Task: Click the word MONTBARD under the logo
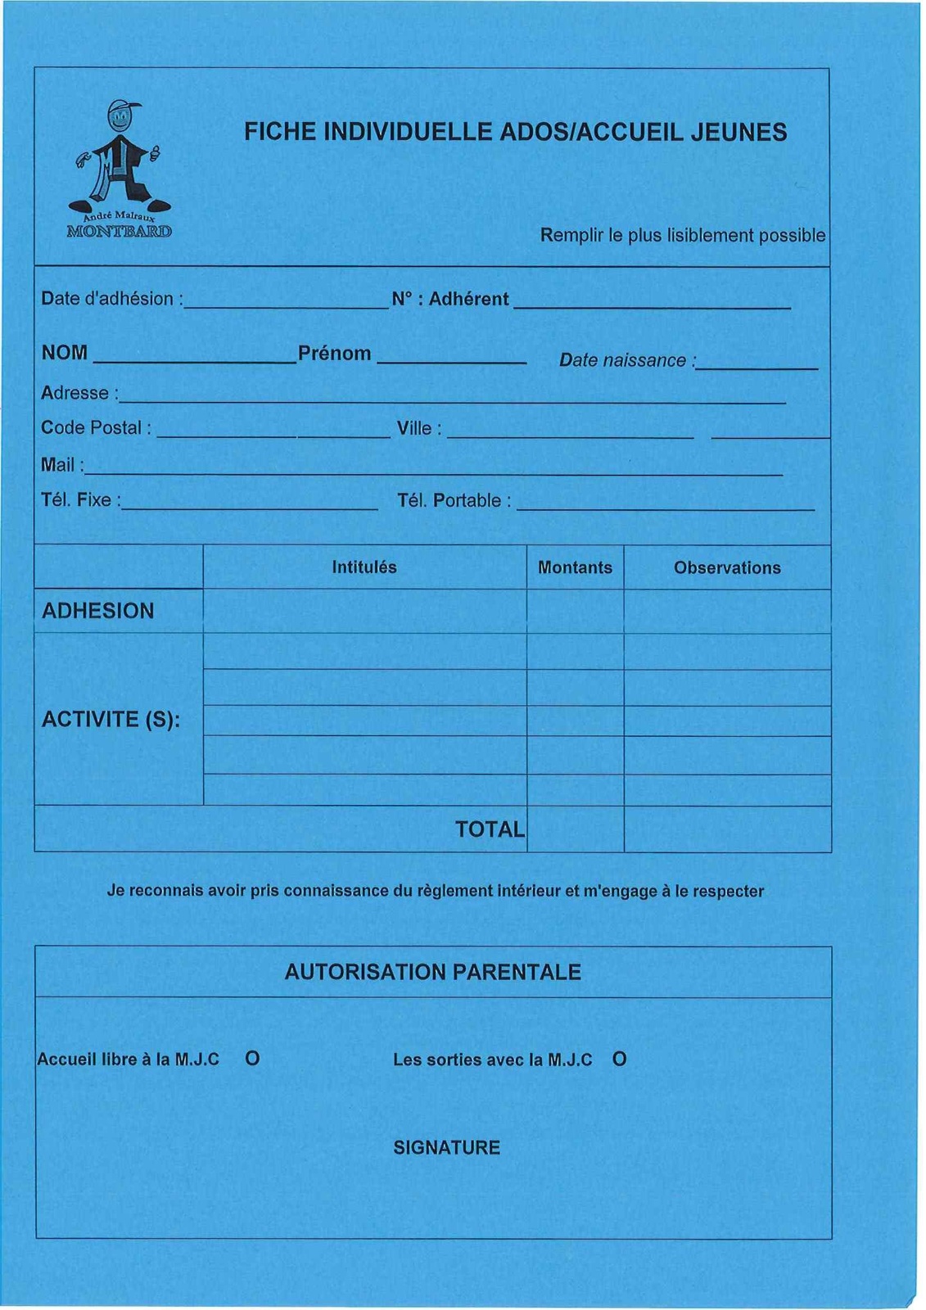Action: click(120, 231)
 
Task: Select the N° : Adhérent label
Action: click(450, 300)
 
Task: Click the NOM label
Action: click(65, 353)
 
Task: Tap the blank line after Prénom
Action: click(451, 360)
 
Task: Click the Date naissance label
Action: click(626, 360)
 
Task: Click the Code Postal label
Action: click(96, 428)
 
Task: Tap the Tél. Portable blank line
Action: click(665, 508)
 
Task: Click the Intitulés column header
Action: click(364, 567)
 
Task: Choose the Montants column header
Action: click(575, 568)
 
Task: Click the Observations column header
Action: click(727, 568)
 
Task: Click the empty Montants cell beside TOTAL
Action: click(575, 829)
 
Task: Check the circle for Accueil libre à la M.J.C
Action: click(252, 1059)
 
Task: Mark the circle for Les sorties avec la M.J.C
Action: click(620, 1059)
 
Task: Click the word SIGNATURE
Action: click(446, 1148)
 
